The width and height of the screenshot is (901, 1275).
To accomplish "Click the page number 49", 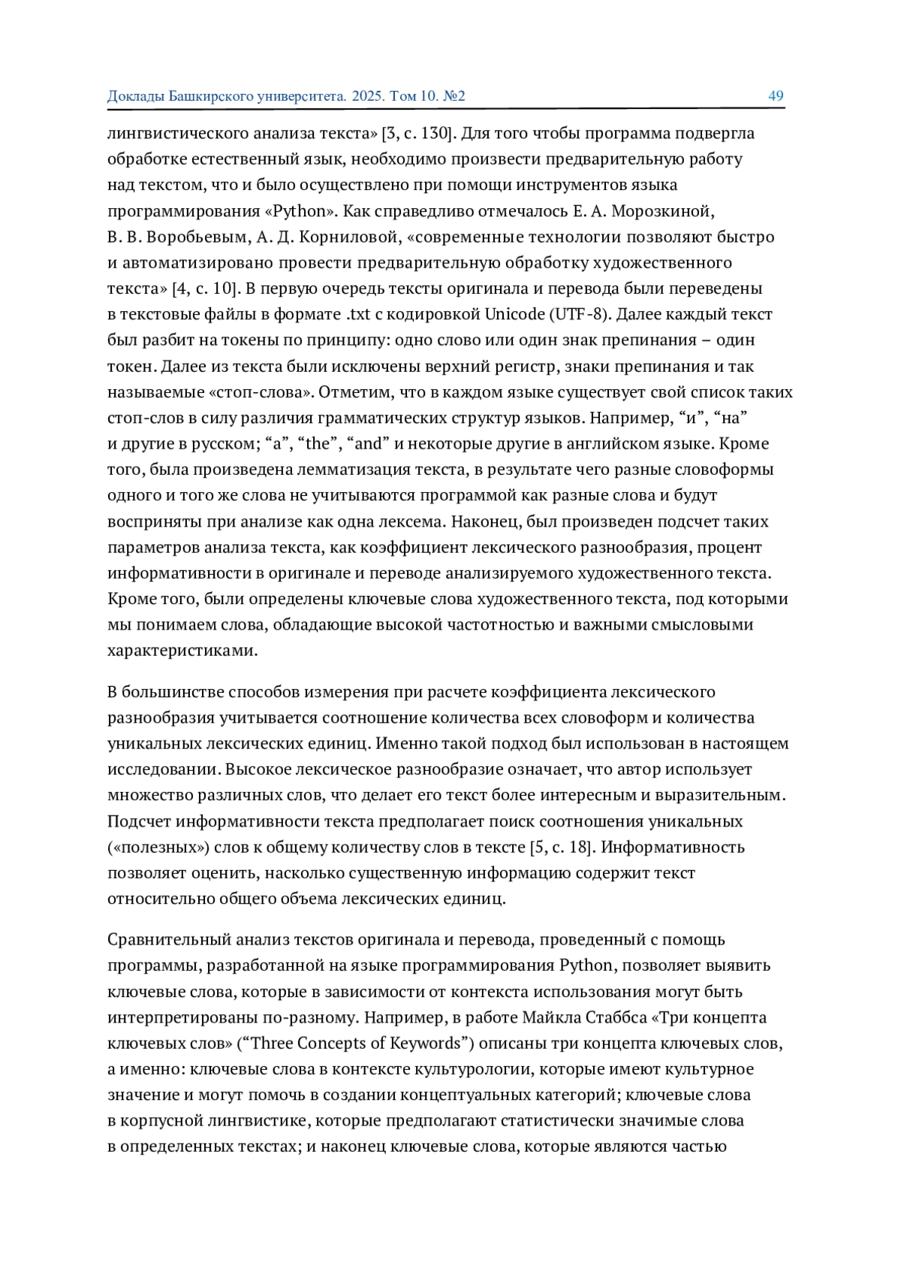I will click(776, 96).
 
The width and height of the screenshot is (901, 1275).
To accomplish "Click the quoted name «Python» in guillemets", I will click(298, 211).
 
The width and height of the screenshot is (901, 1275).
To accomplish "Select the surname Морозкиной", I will click(658, 211).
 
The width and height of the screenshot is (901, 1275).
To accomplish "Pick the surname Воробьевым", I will click(197, 237).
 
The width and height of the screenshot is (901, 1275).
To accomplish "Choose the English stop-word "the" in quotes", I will click(318, 444).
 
